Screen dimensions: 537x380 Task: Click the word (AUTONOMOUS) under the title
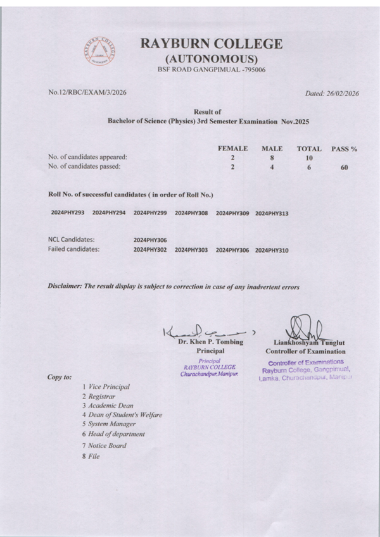click(212, 59)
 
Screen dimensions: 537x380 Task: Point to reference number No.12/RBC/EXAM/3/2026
click(87, 92)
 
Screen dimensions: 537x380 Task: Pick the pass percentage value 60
click(345, 168)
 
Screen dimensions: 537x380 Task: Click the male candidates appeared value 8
click(272, 157)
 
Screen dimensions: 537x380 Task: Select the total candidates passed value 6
click(309, 167)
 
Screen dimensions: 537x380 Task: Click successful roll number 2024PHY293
click(68, 213)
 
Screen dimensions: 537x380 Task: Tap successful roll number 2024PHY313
click(272, 214)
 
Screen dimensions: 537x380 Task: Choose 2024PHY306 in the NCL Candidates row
click(150, 241)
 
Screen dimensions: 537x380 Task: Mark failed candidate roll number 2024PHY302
click(150, 250)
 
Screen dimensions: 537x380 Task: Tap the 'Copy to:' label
click(60, 377)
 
